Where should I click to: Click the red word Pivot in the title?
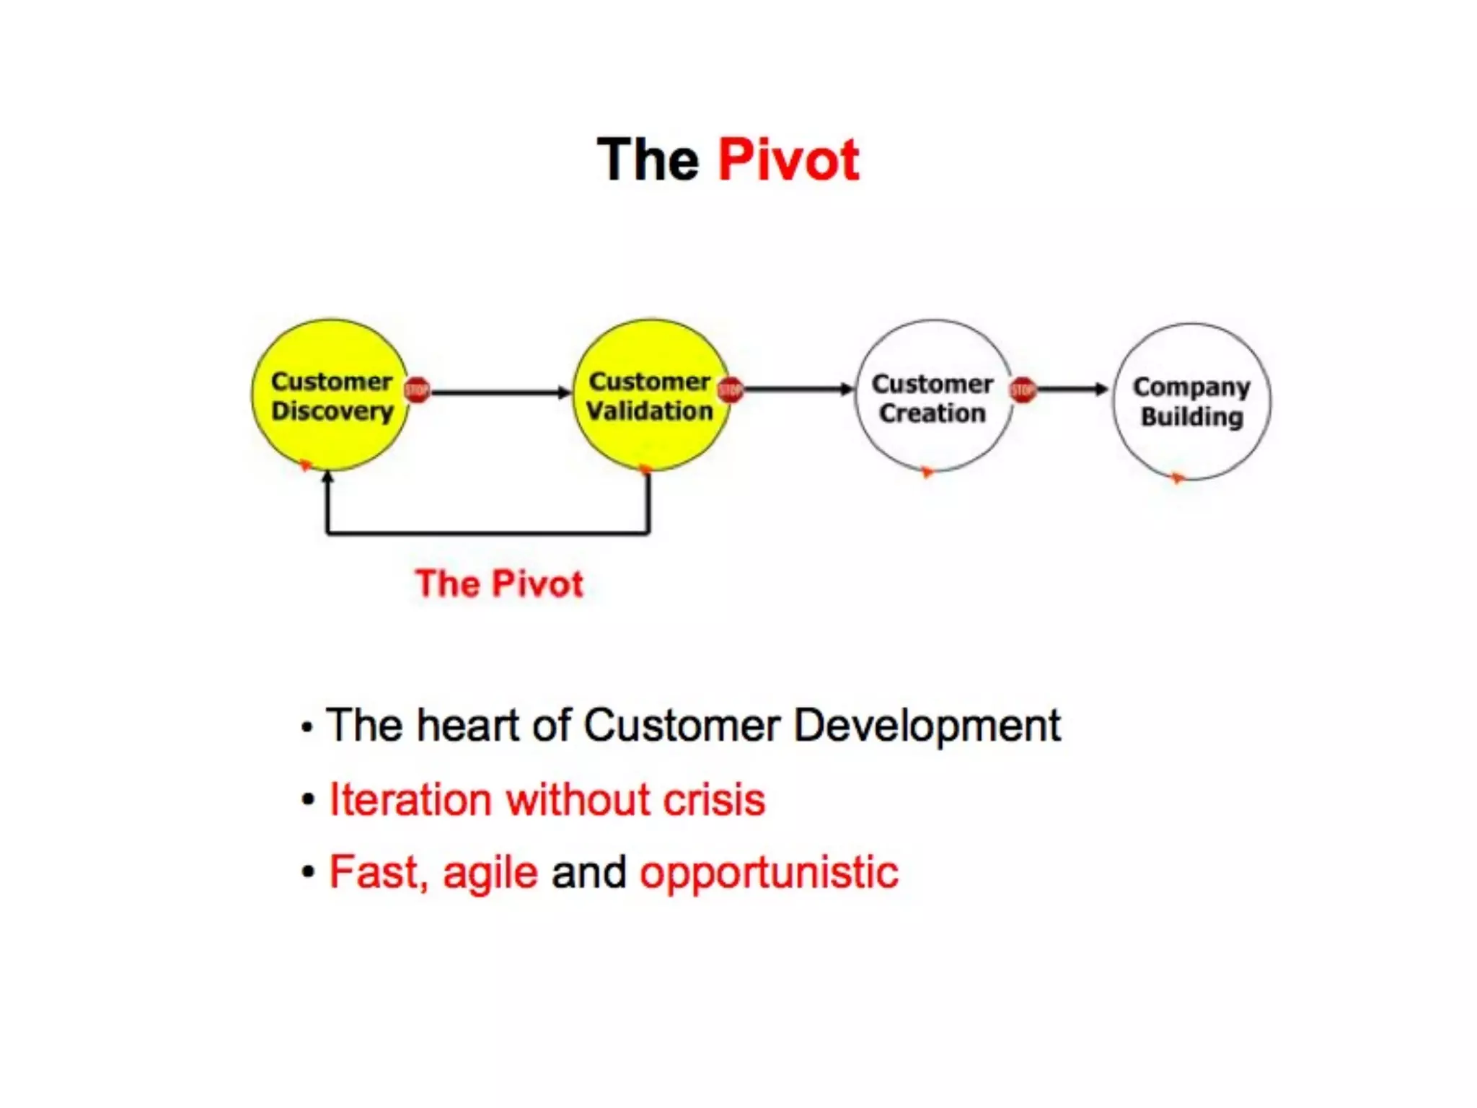pyautogui.click(x=788, y=159)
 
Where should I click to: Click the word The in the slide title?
pyautogui.click(x=648, y=159)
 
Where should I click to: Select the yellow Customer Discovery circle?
pyautogui.click(x=331, y=433)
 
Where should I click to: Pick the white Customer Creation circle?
pyautogui.click(x=933, y=440)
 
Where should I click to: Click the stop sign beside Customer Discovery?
pyautogui.click(x=417, y=390)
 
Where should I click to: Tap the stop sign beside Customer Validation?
pyautogui.click(x=731, y=390)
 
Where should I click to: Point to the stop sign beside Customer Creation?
pyautogui.click(x=1023, y=390)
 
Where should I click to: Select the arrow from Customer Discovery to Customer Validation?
pyautogui.click(x=498, y=392)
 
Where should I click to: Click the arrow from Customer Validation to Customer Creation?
pyautogui.click(x=797, y=390)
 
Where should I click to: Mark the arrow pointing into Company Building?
pyautogui.click(x=1071, y=390)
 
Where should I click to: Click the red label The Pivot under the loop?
pyautogui.click(x=499, y=584)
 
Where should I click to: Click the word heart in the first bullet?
pyautogui.click(x=467, y=725)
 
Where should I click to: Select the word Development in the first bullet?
pyautogui.click(x=927, y=725)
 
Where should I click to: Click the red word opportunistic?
pyautogui.click(x=769, y=873)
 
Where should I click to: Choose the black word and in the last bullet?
pyautogui.click(x=588, y=872)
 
